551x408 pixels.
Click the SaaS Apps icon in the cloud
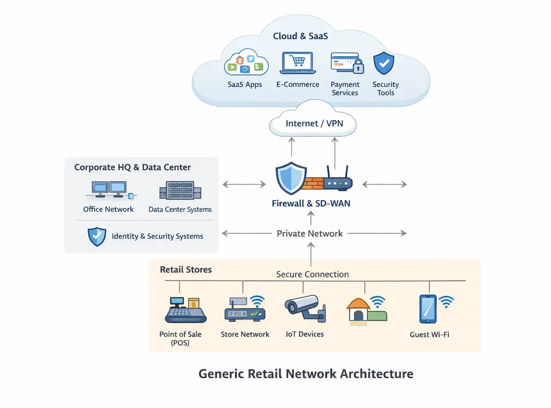[246, 62]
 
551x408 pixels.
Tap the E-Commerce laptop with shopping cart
[298, 62]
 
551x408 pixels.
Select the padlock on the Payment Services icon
[358, 67]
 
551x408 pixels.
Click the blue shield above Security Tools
[384, 63]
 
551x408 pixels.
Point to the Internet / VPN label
[314, 123]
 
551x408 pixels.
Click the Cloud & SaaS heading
[300, 36]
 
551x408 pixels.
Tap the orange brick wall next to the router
[313, 183]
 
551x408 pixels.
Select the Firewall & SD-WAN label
[311, 203]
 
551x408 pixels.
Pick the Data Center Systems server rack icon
[180, 191]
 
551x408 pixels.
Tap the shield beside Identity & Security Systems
[97, 237]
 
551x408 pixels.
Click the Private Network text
[309, 233]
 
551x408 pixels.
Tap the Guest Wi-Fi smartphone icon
[428, 309]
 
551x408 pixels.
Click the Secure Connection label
[312, 274]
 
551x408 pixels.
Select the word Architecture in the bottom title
[376, 374]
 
